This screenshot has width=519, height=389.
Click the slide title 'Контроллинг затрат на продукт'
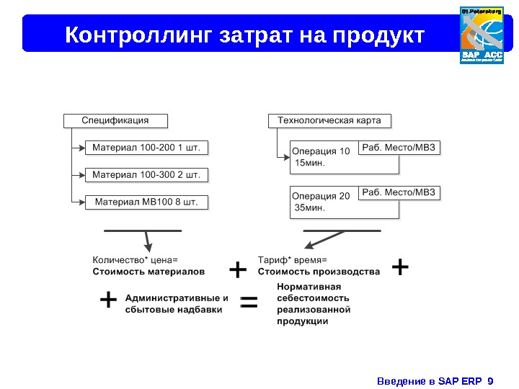point(245,35)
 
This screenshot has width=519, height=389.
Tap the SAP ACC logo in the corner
point(482,35)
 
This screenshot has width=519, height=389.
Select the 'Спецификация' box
point(115,120)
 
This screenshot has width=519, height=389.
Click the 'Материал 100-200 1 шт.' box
point(146,148)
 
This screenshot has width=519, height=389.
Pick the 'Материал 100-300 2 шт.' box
point(146,175)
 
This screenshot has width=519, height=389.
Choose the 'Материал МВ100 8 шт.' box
point(146,202)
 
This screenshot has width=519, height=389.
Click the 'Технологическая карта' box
point(329,120)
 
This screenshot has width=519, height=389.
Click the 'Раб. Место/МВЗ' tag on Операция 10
point(399,148)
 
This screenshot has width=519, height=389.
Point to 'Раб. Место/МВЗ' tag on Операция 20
point(399,192)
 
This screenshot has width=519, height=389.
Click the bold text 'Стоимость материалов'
point(148,272)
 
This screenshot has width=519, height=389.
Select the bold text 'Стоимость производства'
point(319,272)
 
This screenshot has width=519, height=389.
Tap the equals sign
point(249,303)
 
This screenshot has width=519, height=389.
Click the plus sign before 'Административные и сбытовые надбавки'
point(108,300)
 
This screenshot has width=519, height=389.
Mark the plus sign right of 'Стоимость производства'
point(400,268)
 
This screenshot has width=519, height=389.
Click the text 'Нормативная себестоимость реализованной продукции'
point(314,303)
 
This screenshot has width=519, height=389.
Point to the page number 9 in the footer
point(490,380)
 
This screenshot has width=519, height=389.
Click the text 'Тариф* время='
point(292,260)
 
